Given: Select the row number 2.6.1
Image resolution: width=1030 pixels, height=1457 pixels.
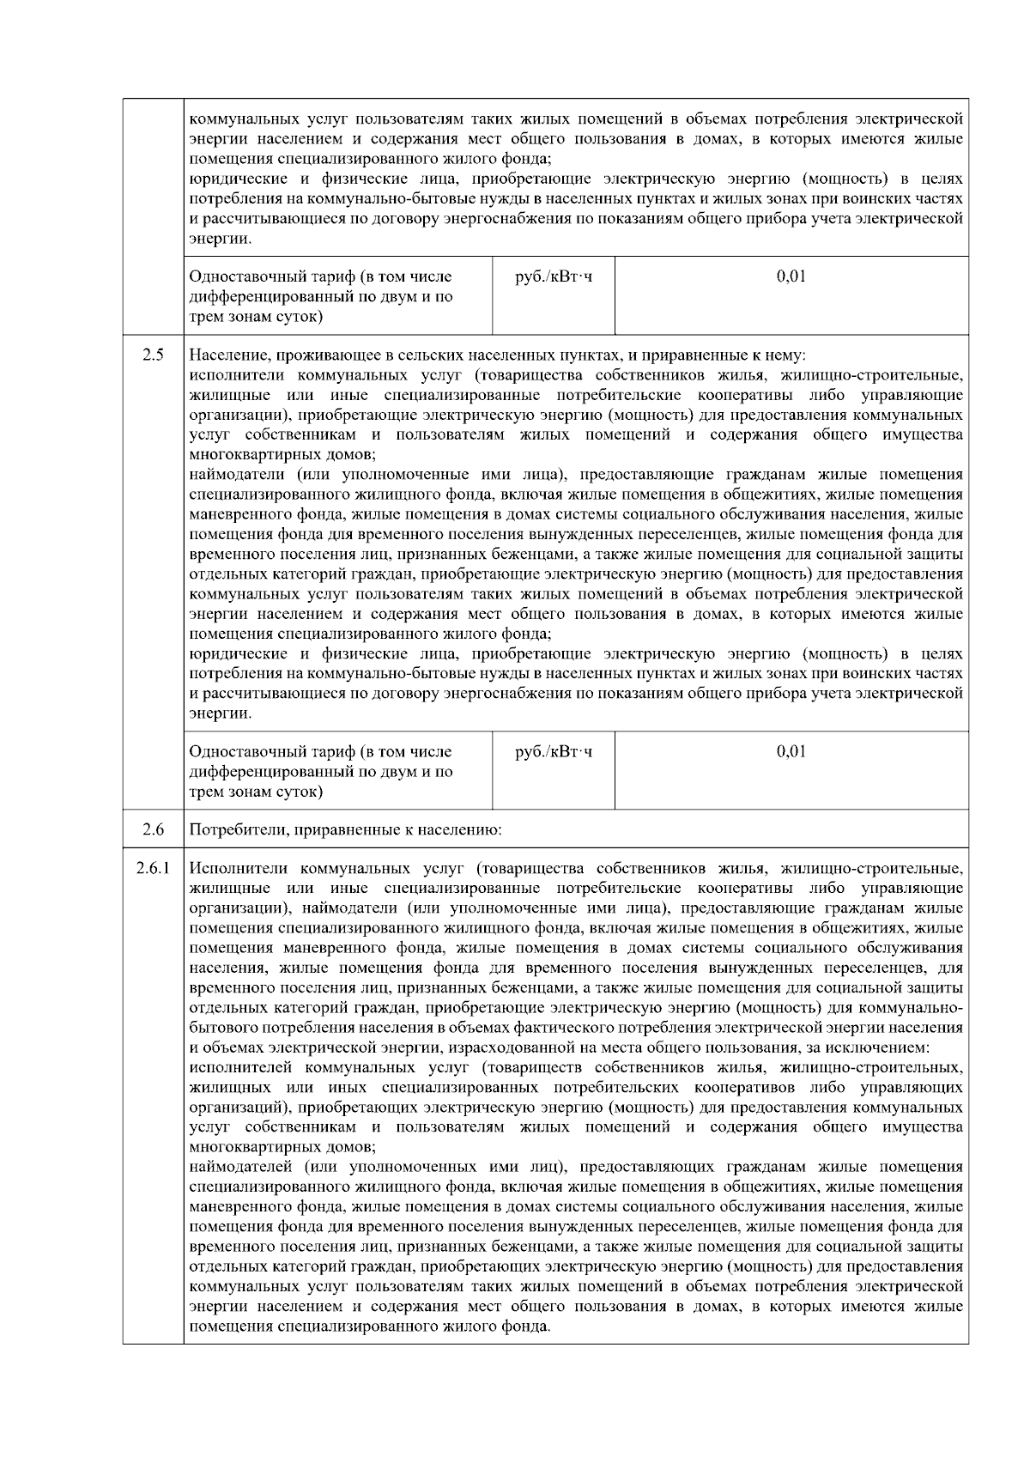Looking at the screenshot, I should coord(153,869).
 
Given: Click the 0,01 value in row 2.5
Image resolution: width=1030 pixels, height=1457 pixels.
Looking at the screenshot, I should coord(791,751).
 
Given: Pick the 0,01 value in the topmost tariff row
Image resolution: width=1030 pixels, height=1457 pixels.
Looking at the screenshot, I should coord(791,276).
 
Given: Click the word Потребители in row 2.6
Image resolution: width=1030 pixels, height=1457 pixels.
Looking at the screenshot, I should coord(231,830).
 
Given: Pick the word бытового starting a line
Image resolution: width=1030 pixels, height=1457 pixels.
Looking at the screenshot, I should coord(218,1028).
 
